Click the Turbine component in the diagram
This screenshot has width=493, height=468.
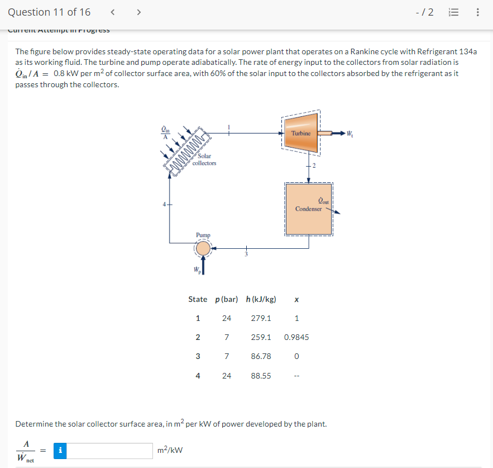(x=301, y=133)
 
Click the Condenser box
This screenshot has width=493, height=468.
(x=309, y=208)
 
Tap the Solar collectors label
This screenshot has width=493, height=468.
(x=204, y=159)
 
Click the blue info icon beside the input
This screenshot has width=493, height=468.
(x=61, y=450)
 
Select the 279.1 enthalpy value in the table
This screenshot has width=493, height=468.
(x=261, y=318)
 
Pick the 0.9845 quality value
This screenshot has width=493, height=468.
(x=296, y=337)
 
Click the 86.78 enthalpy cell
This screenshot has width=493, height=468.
(x=261, y=356)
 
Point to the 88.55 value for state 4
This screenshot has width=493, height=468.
(x=261, y=376)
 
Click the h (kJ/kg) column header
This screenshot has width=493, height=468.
(x=261, y=299)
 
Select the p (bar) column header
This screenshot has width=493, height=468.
(x=226, y=299)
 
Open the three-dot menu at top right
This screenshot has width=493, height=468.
(x=478, y=12)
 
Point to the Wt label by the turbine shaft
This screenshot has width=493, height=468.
(x=349, y=134)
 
